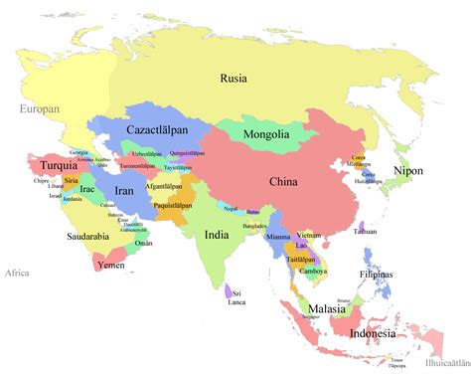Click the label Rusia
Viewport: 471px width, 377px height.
tap(234, 78)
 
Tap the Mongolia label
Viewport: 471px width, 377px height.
tap(266, 134)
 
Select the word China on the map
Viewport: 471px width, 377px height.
tap(283, 181)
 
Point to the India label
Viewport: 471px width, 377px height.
tap(217, 235)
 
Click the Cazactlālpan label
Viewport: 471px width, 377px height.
tap(159, 130)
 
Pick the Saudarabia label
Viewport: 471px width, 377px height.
tap(88, 237)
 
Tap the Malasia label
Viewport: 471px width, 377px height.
tap(325, 309)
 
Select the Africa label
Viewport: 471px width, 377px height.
tap(17, 273)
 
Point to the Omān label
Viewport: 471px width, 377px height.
tap(145, 243)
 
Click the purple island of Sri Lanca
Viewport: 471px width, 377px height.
tap(229, 291)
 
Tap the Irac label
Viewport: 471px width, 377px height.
tap(87, 189)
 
